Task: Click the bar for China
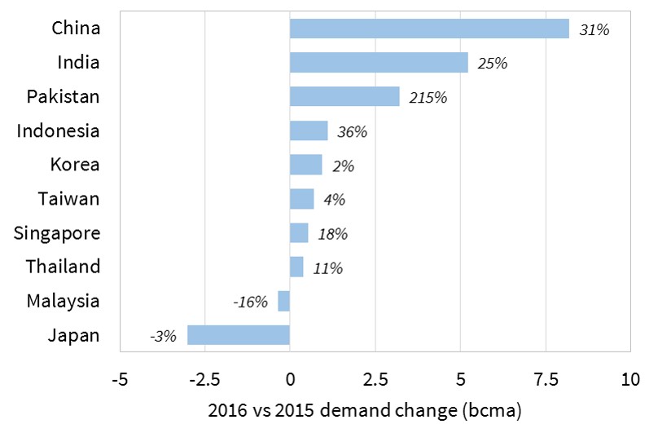(x=429, y=29)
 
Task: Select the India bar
(x=379, y=63)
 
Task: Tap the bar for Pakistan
(x=344, y=97)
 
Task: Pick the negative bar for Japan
(x=239, y=335)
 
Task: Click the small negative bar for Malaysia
(x=283, y=301)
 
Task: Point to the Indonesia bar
(x=309, y=130)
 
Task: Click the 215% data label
(x=428, y=98)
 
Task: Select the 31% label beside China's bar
(x=594, y=29)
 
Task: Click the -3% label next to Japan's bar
(x=162, y=336)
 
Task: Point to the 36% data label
(x=353, y=131)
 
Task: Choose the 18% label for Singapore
(x=332, y=234)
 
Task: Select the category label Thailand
(x=63, y=267)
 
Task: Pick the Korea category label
(x=74, y=165)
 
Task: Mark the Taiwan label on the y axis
(x=69, y=198)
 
